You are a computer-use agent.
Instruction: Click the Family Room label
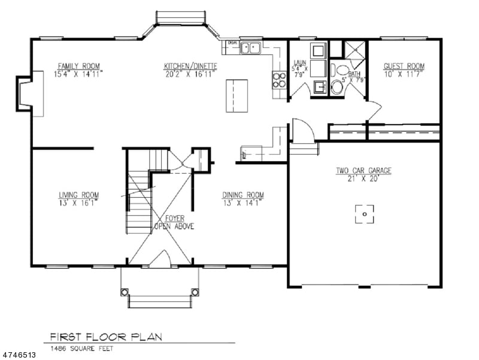click(78, 66)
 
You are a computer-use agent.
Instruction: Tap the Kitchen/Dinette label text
click(191, 66)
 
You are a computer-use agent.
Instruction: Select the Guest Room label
click(404, 66)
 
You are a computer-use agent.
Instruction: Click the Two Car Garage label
click(363, 171)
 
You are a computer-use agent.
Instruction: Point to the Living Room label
click(78, 195)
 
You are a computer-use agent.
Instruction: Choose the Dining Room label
click(242, 195)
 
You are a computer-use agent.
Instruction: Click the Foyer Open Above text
click(174, 223)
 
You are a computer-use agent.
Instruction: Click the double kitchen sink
click(251, 47)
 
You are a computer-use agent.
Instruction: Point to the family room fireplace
click(30, 93)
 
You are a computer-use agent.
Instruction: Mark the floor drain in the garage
click(364, 214)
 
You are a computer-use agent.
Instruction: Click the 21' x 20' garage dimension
click(363, 179)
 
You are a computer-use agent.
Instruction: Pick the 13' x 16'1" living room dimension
click(78, 202)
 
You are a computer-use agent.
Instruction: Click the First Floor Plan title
click(106, 337)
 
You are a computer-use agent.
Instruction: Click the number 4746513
click(19, 355)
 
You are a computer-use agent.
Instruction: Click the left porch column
click(125, 292)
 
